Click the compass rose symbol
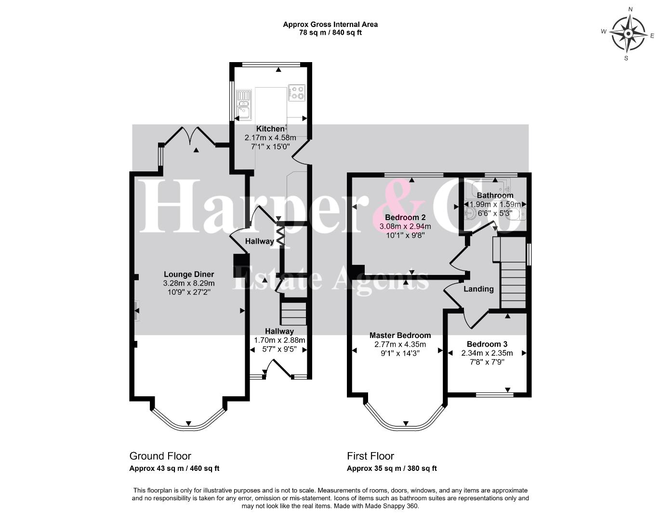(x=628, y=33)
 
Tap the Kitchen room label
(x=270, y=129)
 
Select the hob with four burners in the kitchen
(x=297, y=93)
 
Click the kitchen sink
(x=244, y=104)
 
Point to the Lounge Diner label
(x=189, y=274)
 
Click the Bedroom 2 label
(x=405, y=217)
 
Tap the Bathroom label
(x=495, y=195)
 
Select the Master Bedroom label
(x=400, y=335)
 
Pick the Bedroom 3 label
(x=487, y=344)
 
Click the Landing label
(x=478, y=289)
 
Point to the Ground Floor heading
(x=160, y=456)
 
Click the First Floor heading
(x=370, y=456)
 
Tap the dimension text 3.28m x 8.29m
(x=189, y=283)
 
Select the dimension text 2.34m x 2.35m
(x=487, y=353)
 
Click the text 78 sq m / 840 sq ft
(x=330, y=33)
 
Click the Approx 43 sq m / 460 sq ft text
(x=174, y=468)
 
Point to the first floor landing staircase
(x=513, y=285)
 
